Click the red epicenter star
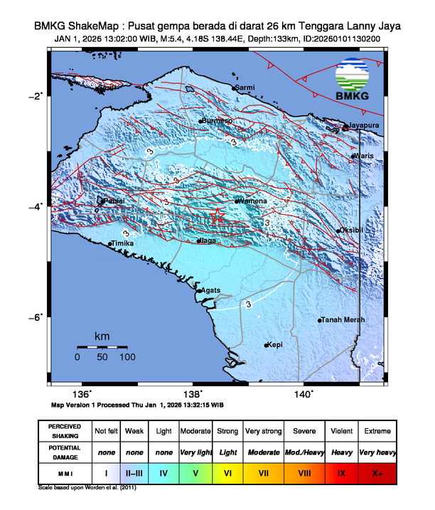(x=218, y=218)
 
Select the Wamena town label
(x=254, y=201)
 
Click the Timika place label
(x=123, y=243)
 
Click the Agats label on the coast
(x=210, y=290)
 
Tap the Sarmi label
(x=245, y=87)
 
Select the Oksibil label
(x=351, y=230)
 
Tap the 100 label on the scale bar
(x=127, y=358)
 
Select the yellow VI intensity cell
(x=229, y=472)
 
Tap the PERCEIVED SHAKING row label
(x=64, y=431)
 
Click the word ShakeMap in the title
(x=95, y=26)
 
